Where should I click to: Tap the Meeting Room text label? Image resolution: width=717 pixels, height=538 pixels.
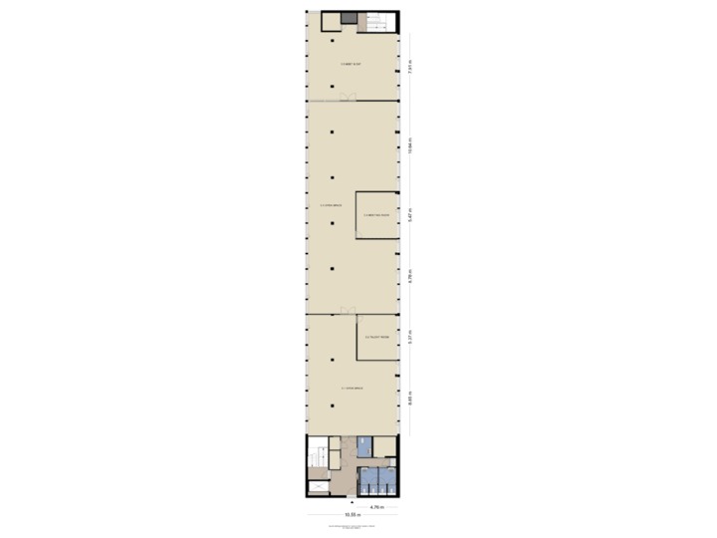click(x=377, y=214)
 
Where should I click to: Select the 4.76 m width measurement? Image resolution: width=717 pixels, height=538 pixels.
click(x=376, y=507)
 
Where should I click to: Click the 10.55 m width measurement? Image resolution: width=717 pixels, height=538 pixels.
click(x=352, y=515)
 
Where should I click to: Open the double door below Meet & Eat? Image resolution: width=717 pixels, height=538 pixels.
click(x=348, y=97)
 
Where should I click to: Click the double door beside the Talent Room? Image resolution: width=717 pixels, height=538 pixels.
click(x=348, y=311)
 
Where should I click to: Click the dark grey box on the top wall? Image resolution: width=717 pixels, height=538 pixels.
click(x=349, y=17)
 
